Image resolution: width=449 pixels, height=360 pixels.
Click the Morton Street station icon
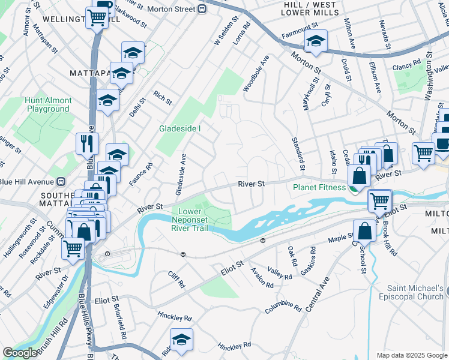pyautogui.click(x=202, y=9)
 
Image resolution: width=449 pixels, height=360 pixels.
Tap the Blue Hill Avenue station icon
pyautogui.click(x=60, y=182)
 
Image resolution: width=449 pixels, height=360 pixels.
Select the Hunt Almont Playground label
pyautogui.click(x=48, y=105)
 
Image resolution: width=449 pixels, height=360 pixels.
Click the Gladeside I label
pyautogui.click(x=179, y=129)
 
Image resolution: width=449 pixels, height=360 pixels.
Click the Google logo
pyautogui.click(x=20, y=353)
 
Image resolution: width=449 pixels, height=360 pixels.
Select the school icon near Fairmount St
pyautogui.click(x=315, y=41)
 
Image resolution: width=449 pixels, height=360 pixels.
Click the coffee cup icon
pyautogui.click(x=443, y=143)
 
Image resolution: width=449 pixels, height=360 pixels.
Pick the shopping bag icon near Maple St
pyautogui.click(x=364, y=230)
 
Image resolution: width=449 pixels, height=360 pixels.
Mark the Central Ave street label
pyautogui.click(x=318, y=295)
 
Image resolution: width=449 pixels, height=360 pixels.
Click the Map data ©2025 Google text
pyautogui.click(x=412, y=355)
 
